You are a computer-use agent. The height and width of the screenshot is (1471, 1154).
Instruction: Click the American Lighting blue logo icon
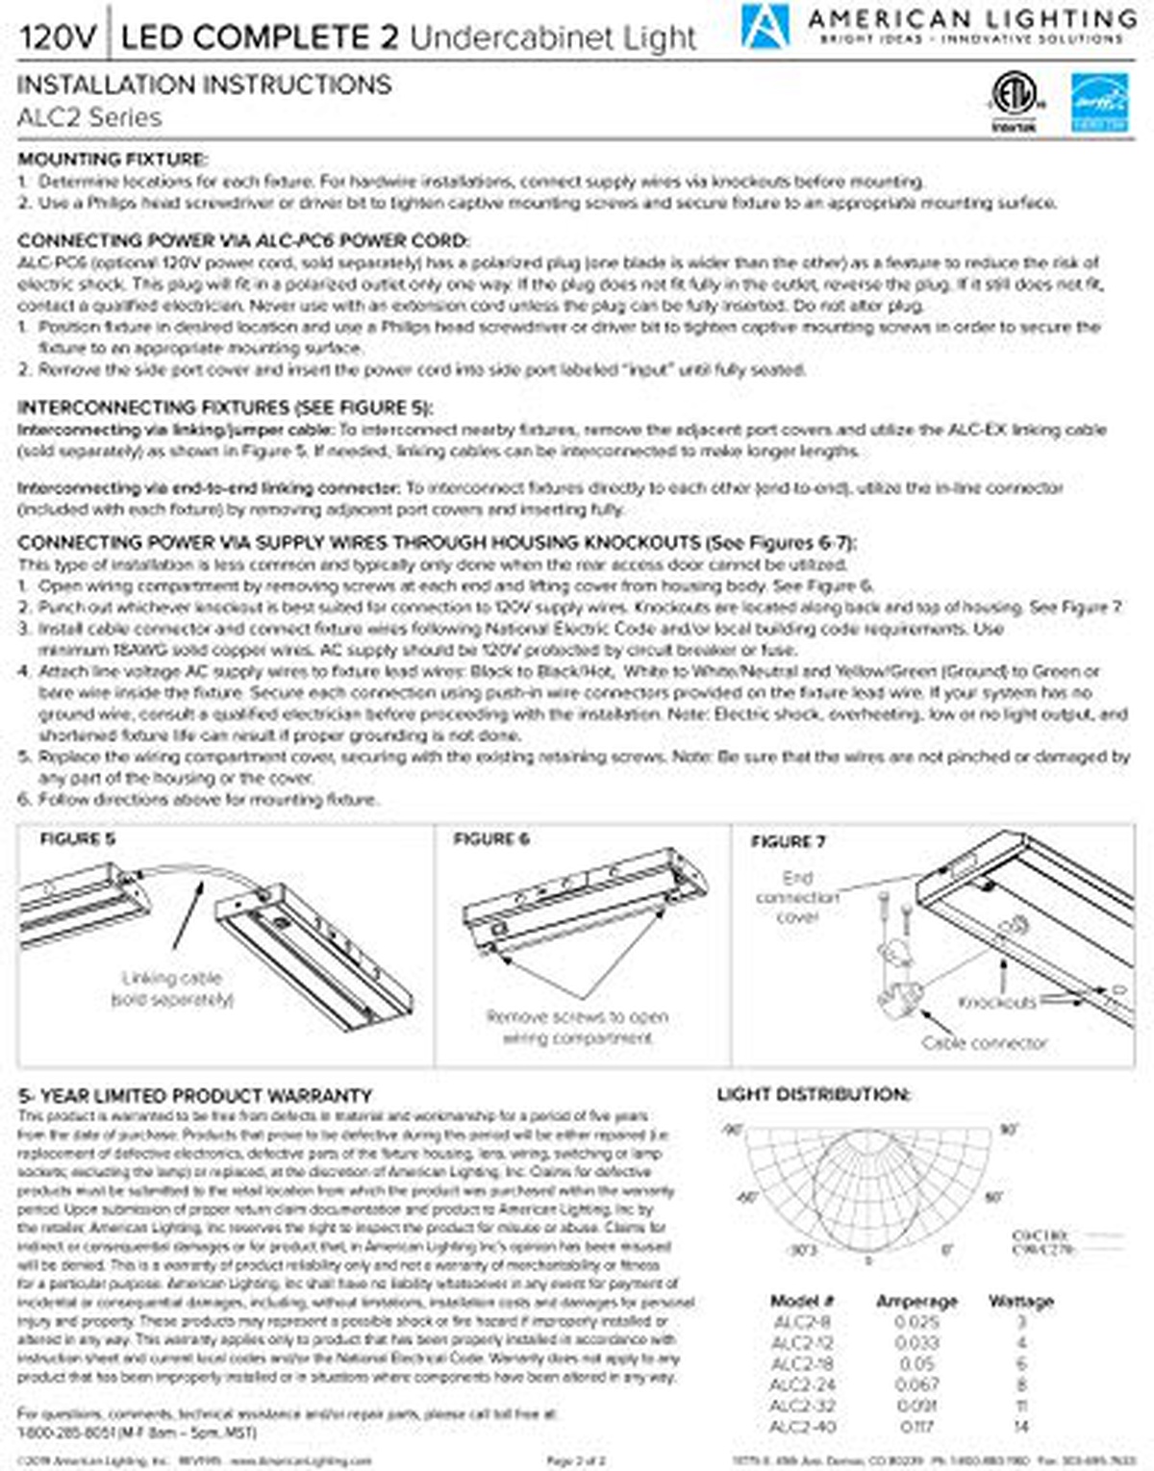point(765,25)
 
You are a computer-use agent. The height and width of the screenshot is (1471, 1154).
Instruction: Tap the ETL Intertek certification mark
point(1014,100)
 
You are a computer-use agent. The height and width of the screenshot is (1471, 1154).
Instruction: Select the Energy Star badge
point(1100,103)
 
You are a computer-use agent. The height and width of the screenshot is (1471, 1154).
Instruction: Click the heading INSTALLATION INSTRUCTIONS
point(204,85)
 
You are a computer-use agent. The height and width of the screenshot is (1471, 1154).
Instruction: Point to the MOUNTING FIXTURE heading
point(113,160)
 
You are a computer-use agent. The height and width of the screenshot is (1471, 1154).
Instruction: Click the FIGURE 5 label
point(77,839)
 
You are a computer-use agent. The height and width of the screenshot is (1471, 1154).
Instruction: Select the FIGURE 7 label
point(788,842)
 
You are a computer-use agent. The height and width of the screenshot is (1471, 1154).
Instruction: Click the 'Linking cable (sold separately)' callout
point(172,988)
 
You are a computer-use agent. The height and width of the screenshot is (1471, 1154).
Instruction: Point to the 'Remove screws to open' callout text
point(577,1016)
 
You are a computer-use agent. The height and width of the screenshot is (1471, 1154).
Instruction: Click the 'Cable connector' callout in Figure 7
point(983,1042)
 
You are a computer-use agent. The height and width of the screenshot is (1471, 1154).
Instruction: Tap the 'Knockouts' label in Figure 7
point(996,1002)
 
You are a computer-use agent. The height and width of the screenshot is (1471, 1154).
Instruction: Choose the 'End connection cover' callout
point(797,897)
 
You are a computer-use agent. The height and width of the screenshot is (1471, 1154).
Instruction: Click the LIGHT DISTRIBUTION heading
point(814,1095)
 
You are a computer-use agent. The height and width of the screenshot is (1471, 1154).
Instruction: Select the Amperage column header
point(916,1301)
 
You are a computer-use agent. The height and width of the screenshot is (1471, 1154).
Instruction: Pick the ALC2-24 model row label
point(803,1384)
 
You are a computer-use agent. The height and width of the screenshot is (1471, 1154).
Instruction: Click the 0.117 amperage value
point(916,1427)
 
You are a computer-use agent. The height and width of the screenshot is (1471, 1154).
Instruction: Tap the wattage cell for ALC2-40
point(1021,1427)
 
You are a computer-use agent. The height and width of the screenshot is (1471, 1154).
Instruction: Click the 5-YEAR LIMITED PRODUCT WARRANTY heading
point(194,1096)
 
